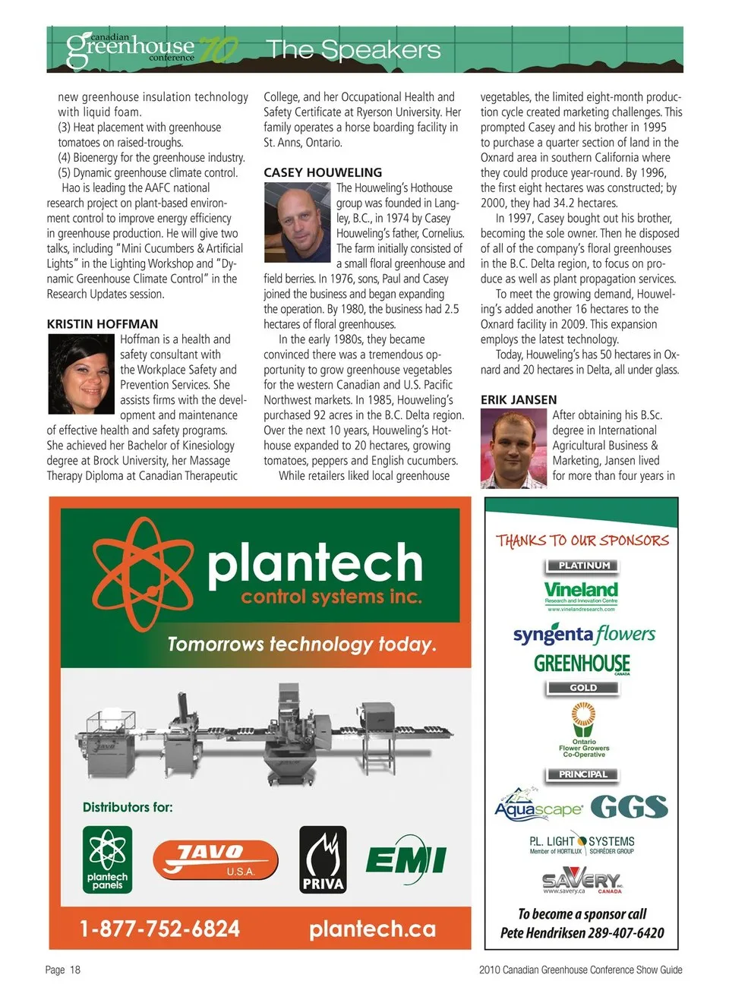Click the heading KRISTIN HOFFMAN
pyautogui.click(x=103, y=324)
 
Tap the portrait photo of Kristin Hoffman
pyautogui.click(x=81, y=374)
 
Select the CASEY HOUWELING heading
pyautogui.click(x=323, y=172)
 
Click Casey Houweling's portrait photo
pyautogui.click(x=298, y=222)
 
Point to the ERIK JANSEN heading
pyautogui.click(x=519, y=400)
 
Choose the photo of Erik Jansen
pyautogui.click(x=514, y=449)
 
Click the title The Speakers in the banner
pyautogui.click(x=353, y=50)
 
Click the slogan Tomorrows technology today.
pyautogui.click(x=301, y=645)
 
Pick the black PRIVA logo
pyautogui.click(x=323, y=860)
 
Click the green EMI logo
pyautogui.click(x=406, y=859)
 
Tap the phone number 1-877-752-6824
pyautogui.click(x=159, y=929)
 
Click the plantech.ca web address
pyautogui.click(x=372, y=929)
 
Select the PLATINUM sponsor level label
pyautogui.click(x=583, y=566)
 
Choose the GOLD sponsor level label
pyautogui.click(x=583, y=688)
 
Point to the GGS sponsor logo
pyautogui.click(x=629, y=807)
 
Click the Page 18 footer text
pyautogui.click(x=63, y=970)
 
